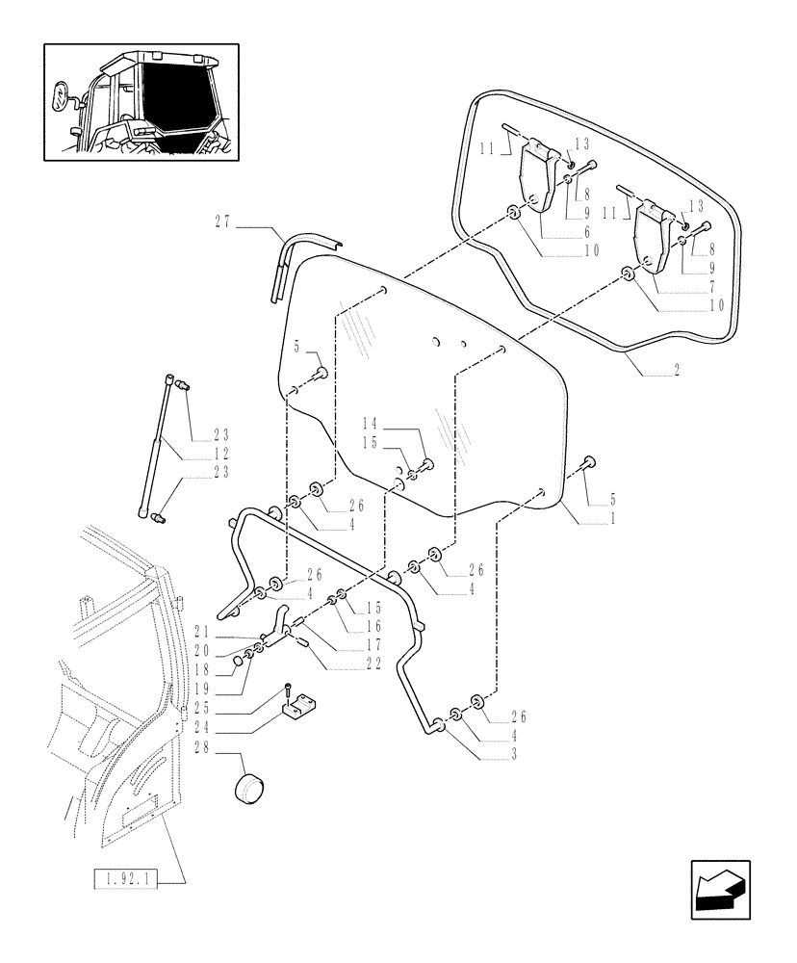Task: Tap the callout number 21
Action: point(201,632)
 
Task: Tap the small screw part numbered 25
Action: point(287,690)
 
